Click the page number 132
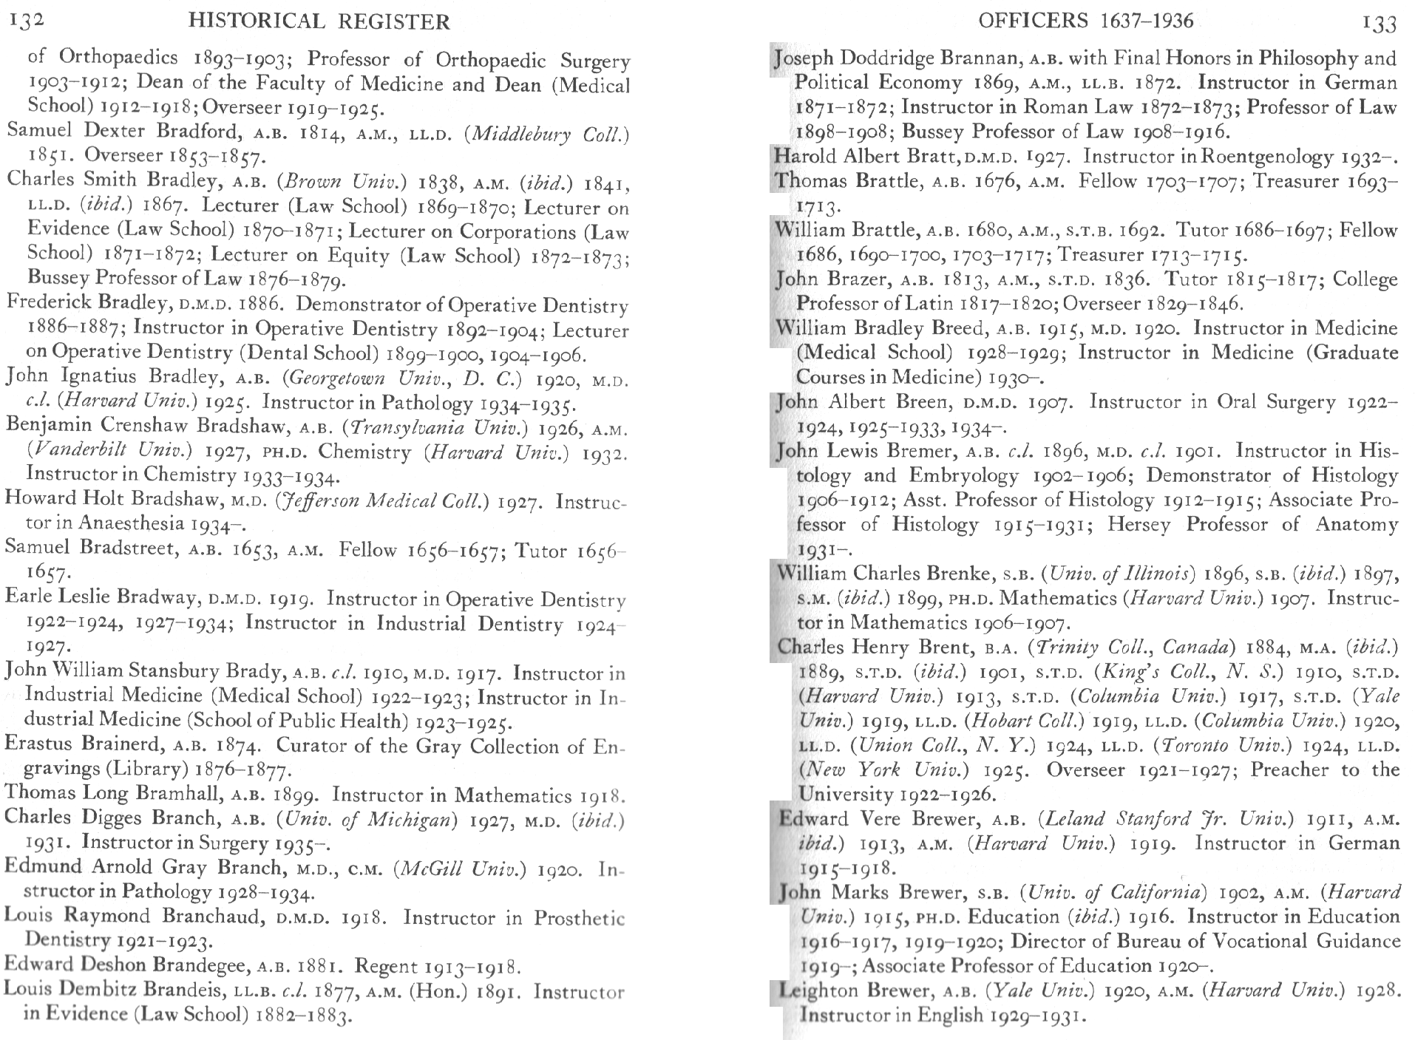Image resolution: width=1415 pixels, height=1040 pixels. pyautogui.click(x=27, y=20)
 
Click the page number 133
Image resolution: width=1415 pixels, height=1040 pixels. pyautogui.click(x=1379, y=24)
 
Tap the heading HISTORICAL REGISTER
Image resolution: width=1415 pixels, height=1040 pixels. pyautogui.click(x=319, y=21)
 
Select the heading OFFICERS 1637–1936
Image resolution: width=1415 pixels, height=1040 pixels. pyautogui.click(x=1085, y=21)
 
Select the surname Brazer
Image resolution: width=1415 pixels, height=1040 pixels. pyautogui.click(x=858, y=279)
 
